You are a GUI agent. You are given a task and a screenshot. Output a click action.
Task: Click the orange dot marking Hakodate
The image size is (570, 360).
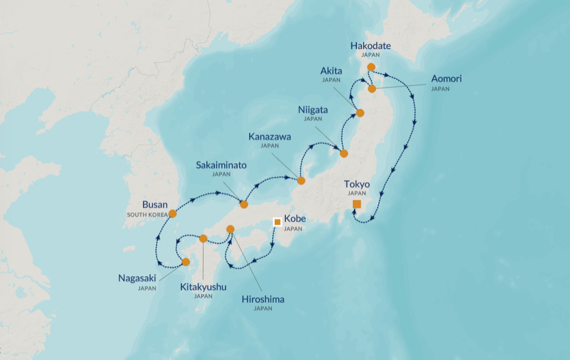tap(371, 67)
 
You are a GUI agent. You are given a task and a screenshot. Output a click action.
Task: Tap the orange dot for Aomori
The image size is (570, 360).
tap(372, 89)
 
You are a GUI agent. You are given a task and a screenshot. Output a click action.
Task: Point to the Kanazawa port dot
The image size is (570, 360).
tap(301, 180)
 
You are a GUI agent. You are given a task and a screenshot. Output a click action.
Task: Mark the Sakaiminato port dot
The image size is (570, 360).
tap(244, 205)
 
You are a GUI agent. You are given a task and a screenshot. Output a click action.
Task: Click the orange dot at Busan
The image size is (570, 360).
tap(173, 214)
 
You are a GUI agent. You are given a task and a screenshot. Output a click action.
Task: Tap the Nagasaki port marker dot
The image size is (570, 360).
tap(186, 262)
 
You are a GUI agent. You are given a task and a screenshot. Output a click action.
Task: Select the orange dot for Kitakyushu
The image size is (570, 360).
tap(203, 238)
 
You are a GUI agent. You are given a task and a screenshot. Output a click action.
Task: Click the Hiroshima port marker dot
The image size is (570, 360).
tap(231, 229)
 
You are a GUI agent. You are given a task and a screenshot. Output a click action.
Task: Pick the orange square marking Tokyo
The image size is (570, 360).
tap(356, 204)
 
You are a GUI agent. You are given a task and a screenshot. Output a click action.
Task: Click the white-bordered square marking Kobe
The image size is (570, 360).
tap(277, 222)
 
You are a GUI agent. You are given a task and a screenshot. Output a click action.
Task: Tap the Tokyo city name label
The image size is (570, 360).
tap(357, 184)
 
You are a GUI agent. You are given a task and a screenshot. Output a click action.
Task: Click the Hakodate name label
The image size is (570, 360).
tap(371, 46)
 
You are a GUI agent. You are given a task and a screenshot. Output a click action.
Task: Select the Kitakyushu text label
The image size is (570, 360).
tap(203, 287)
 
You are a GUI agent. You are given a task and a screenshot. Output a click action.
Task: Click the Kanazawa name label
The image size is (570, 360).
tap(269, 136)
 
